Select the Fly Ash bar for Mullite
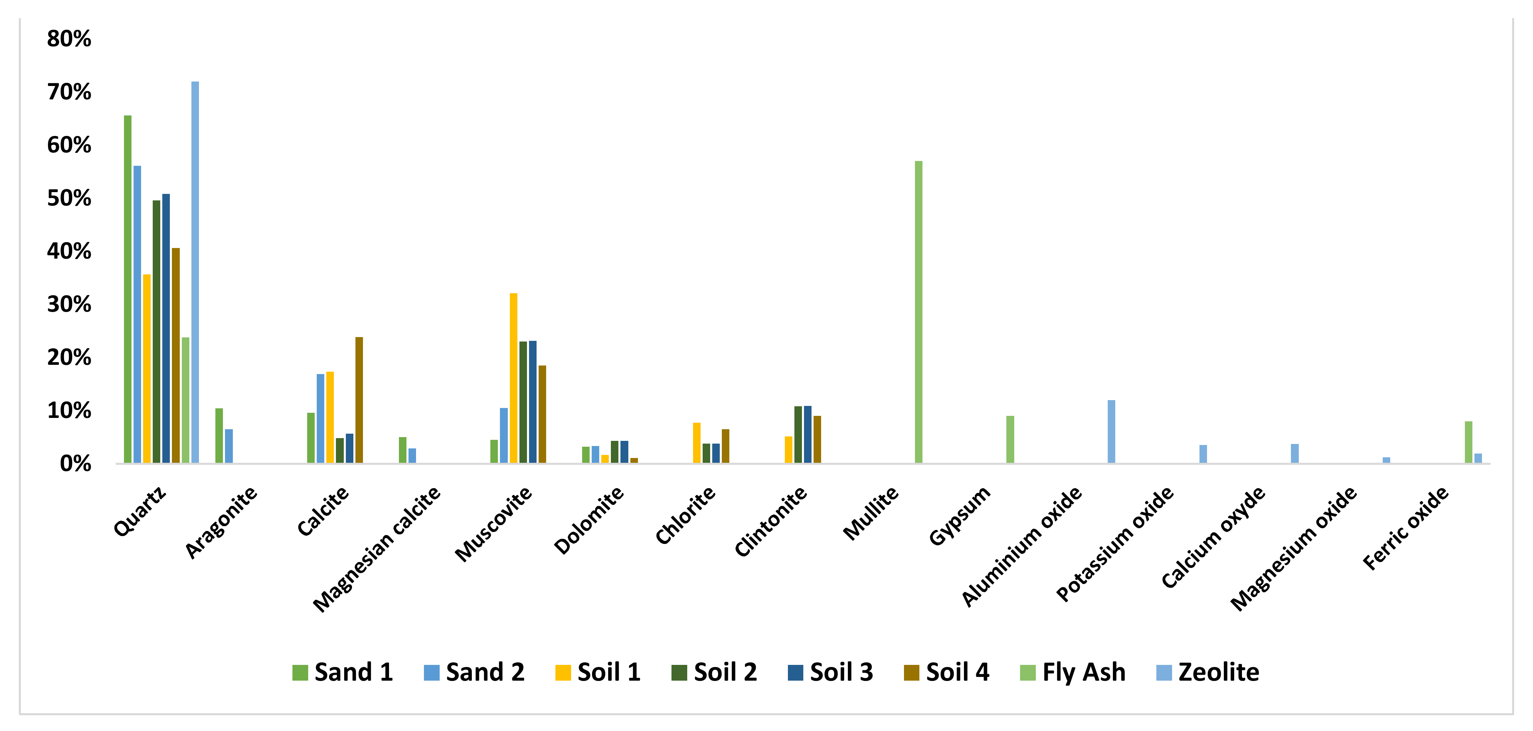point(918,312)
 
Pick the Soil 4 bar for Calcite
point(359,400)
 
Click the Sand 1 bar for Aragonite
point(219,436)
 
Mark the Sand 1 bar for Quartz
point(127,289)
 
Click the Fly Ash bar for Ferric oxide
point(1468,442)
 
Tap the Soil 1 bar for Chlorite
point(696,443)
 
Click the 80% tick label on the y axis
point(69,39)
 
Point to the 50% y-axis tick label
point(69,198)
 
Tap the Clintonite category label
point(771,521)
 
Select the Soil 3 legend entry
point(830,672)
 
